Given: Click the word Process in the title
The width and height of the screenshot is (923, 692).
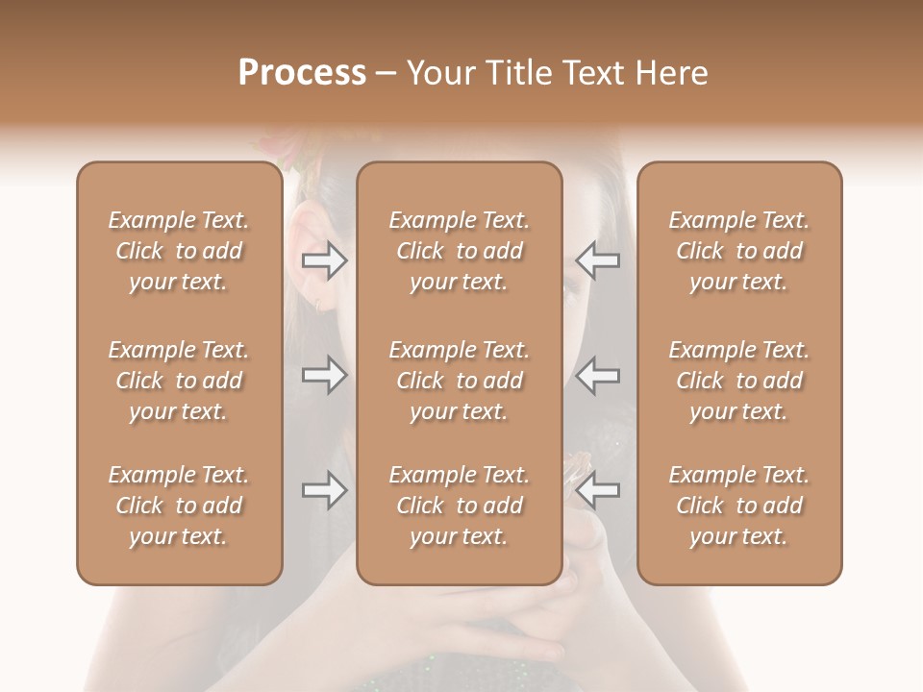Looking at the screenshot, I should point(302,73).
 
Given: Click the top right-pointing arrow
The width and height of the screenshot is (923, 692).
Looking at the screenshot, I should point(325,260).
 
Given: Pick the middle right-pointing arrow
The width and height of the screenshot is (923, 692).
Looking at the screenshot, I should point(325,375).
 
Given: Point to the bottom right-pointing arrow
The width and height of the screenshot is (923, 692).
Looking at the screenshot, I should point(325,490).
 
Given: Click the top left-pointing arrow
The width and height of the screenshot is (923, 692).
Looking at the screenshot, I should point(598,260).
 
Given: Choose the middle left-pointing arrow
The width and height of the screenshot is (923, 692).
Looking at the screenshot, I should point(598,375).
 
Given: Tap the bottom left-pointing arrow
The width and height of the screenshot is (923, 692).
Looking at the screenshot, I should point(598,490).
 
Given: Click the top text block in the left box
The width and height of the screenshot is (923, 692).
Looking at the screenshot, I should point(179,251).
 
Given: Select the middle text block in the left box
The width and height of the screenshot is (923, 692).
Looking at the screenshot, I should point(179,381).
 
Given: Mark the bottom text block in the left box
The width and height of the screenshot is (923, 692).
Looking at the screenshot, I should point(179,506).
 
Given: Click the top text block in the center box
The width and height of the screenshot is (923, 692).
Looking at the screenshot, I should point(460,251).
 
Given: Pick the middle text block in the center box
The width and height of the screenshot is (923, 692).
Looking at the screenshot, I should point(460,381).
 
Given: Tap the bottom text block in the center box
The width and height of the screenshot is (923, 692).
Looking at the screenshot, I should point(460,506).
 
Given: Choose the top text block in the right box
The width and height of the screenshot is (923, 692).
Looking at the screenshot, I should point(739,251).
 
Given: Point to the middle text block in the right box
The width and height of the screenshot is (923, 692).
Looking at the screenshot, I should point(739,381).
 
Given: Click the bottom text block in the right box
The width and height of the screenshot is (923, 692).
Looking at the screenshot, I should point(739,506).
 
